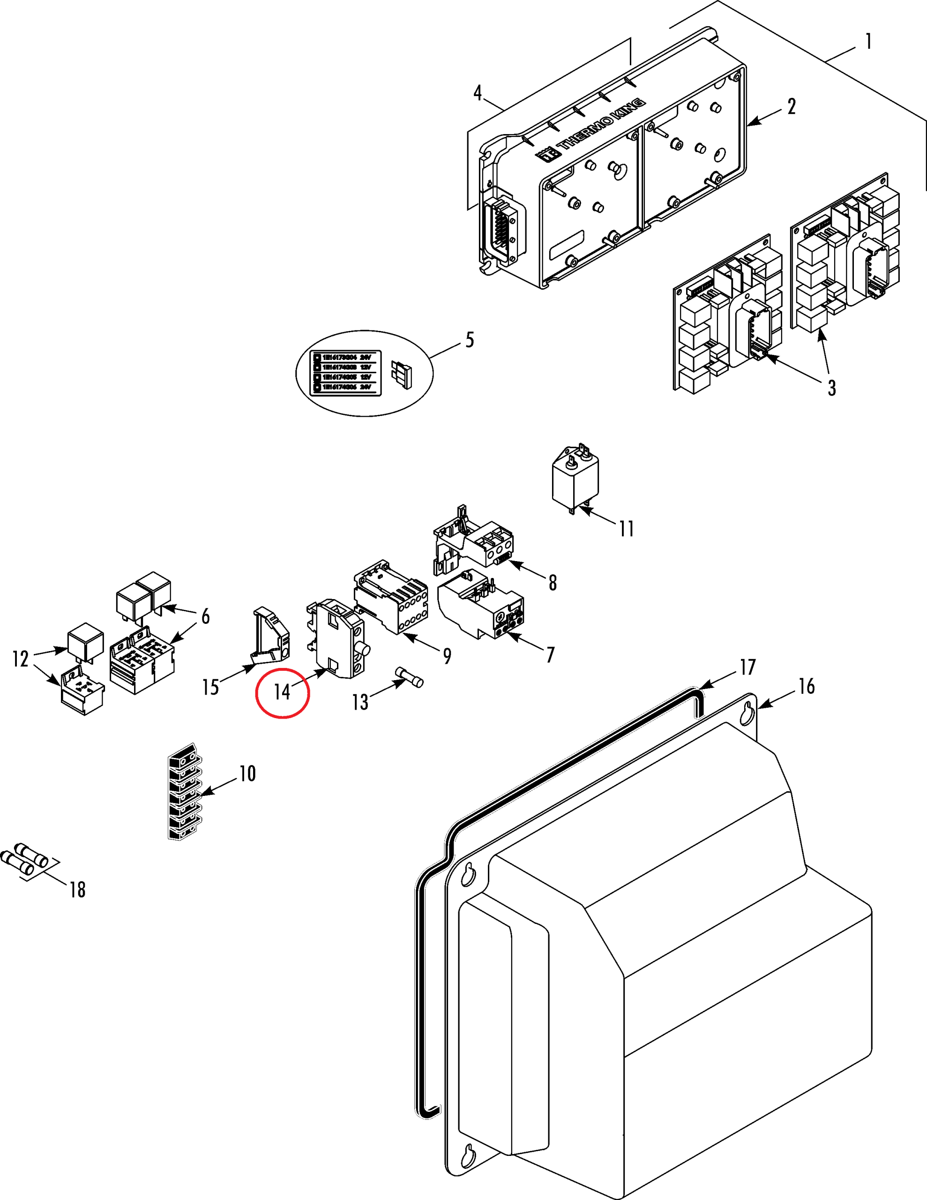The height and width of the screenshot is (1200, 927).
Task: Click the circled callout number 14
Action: click(282, 692)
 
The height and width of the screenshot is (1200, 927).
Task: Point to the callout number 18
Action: click(77, 890)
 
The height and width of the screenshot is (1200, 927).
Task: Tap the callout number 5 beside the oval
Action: click(469, 340)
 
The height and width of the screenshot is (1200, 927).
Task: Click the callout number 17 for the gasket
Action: click(748, 667)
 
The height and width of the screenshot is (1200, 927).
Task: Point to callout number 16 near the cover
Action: click(806, 686)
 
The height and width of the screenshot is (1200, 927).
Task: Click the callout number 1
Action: click(868, 42)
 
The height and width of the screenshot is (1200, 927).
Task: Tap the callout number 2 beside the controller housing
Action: click(791, 106)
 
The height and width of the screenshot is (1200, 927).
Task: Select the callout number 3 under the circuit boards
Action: click(831, 388)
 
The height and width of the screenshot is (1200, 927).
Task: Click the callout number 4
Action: click(478, 93)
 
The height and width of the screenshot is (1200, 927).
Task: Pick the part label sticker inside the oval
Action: click(345, 372)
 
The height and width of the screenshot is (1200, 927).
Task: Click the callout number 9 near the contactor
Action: click(447, 656)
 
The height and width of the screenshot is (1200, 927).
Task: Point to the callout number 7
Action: click(550, 654)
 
